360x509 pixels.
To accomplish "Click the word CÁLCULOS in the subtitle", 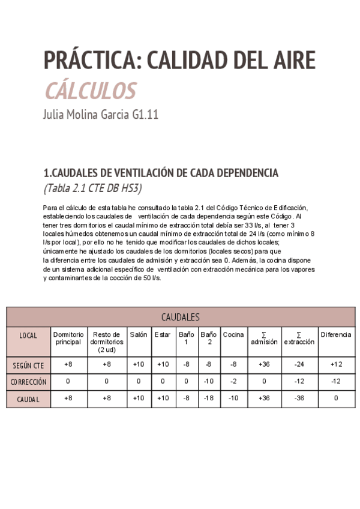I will coord(89,91).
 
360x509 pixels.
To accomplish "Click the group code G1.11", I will coord(145,115).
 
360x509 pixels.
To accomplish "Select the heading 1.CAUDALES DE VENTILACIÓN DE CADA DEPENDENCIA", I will coord(161,173).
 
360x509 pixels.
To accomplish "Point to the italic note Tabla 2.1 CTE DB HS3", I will coord(93,188).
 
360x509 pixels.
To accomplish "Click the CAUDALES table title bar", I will coord(180,317).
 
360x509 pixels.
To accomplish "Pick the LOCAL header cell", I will coord(28,336).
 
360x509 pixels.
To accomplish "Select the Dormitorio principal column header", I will coord(68,338).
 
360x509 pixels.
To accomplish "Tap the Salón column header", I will coord(138,334).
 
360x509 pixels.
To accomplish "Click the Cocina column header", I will coord(233,334).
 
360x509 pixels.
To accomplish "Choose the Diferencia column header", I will coord(335,334).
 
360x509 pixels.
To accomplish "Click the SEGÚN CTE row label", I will coord(28,364).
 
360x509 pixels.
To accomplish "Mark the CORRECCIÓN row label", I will coord(28,381).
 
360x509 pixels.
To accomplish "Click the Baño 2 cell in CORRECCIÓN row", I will coord(208,381).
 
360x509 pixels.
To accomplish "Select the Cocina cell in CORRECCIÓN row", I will coord(233,381).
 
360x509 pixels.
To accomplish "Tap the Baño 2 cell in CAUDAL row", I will coord(208,398).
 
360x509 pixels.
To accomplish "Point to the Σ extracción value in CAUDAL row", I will coord(299,398).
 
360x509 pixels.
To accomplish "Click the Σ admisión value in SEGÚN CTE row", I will coord(264,364).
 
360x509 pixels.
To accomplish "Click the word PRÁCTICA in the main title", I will coord(91,61).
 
